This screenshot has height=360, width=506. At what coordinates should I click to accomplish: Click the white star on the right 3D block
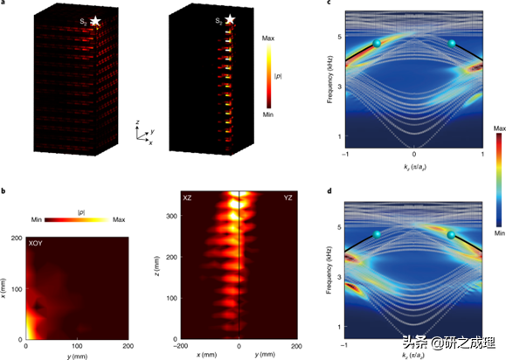coord(231,19)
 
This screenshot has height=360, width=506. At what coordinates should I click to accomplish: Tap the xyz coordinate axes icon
coord(142,132)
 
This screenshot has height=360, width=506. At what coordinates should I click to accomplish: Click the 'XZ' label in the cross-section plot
coord(187,198)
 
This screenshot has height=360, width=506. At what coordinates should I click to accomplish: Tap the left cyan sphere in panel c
coord(377,44)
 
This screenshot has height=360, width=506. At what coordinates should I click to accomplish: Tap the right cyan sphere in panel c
coord(452,43)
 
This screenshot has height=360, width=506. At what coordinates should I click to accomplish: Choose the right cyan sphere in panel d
coord(452,234)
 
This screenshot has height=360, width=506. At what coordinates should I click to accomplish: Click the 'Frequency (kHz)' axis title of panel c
coord(332,80)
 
